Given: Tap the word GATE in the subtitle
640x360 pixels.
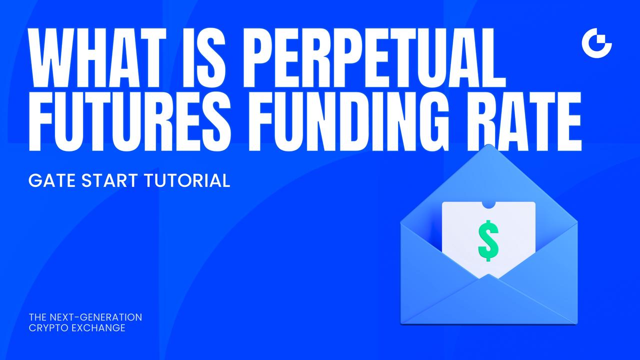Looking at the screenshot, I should point(50,180).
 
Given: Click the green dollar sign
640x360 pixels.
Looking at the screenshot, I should point(488,241).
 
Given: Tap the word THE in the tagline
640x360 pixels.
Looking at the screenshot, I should point(37,317).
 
